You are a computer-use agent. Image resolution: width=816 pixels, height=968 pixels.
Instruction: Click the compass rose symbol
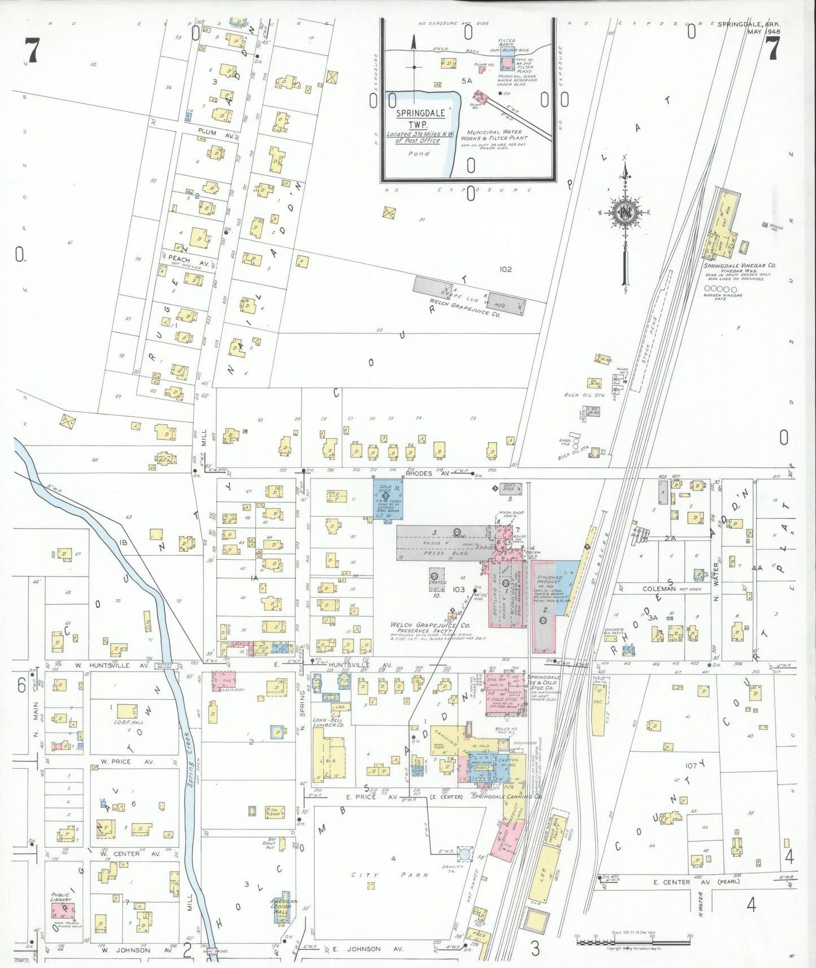pyautogui.click(x=625, y=213)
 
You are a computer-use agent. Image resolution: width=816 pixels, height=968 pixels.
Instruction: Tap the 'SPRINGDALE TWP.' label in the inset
pyautogui.click(x=420, y=118)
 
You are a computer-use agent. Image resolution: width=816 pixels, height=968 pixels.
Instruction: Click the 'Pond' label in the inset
pyautogui.click(x=418, y=154)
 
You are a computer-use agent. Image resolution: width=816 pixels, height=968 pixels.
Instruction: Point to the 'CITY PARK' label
pyautogui.click(x=390, y=875)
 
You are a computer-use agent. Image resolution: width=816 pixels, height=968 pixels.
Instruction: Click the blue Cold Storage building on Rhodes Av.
pyautogui.click(x=387, y=500)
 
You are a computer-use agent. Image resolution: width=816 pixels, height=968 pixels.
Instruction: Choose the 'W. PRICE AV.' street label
pyautogui.click(x=119, y=761)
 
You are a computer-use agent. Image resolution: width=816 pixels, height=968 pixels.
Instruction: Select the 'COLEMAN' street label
pyautogui.click(x=658, y=588)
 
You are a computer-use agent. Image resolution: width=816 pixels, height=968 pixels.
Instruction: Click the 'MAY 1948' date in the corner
pyautogui.click(x=763, y=32)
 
